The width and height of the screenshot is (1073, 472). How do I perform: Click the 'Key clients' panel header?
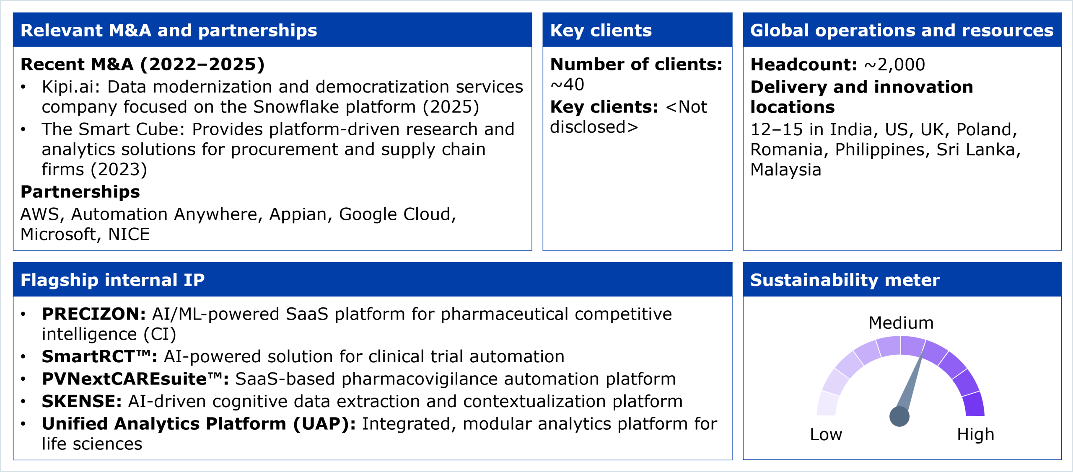(601, 30)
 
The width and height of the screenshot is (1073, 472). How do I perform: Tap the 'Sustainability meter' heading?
(845, 280)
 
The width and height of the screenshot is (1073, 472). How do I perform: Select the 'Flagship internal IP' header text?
(112, 280)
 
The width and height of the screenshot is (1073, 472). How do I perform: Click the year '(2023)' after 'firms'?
(119, 169)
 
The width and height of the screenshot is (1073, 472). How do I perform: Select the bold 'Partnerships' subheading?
(80, 192)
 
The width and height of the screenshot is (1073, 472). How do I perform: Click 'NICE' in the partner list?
(129, 234)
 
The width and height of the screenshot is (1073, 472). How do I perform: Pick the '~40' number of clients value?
(567, 85)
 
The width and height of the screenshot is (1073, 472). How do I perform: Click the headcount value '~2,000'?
(894, 64)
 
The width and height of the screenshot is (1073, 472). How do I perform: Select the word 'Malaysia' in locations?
(785, 170)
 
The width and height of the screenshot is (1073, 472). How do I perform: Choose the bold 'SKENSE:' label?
(82, 401)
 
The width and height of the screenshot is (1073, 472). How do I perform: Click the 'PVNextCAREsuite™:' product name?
(135, 379)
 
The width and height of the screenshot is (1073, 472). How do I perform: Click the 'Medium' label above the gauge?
(901, 323)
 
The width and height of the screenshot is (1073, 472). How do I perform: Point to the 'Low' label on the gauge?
(826, 434)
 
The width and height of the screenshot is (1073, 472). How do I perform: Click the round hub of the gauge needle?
(899, 416)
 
